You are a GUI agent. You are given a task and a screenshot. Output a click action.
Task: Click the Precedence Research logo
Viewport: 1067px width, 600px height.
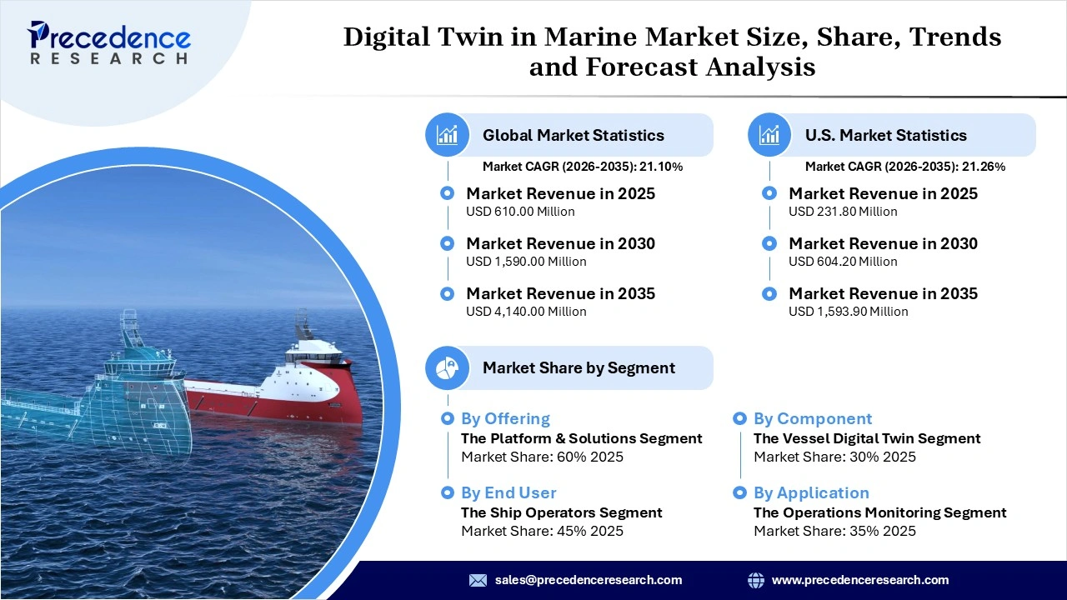tap(109, 42)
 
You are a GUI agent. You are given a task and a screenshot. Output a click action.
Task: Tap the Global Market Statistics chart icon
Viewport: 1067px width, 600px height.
tap(448, 135)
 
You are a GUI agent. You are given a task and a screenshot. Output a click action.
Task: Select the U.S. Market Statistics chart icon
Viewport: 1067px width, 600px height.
tap(769, 135)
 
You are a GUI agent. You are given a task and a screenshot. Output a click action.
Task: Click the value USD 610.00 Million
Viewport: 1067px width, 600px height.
tap(520, 212)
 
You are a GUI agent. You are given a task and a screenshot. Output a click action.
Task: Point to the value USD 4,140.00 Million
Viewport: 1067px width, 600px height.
tap(526, 312)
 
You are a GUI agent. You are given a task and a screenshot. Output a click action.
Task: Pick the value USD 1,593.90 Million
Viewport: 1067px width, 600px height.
tap(848, 312)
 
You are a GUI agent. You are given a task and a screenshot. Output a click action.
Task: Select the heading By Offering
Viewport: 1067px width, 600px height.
tap(505, 418)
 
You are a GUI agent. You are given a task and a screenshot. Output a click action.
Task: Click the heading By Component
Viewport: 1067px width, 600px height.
tap(813, 418)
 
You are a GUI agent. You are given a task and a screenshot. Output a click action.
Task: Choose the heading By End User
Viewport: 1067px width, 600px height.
tap(508, 492)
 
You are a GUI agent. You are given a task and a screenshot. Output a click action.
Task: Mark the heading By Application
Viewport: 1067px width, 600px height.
tap(811, 492)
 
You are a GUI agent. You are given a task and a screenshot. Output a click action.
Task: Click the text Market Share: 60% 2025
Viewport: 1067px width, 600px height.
tap(542, 457)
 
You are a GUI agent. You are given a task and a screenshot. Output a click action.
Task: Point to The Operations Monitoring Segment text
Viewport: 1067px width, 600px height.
tap(879, 512)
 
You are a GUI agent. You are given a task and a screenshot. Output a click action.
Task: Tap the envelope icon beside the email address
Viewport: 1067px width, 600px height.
tap(478, 580)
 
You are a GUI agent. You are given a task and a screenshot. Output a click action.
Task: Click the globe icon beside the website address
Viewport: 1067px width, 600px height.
tap(756, 580)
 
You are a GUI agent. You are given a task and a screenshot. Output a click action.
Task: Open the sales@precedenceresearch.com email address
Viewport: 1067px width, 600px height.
tap(589, 580)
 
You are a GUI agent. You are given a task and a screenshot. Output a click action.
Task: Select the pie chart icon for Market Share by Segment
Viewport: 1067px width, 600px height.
tap(448, 367)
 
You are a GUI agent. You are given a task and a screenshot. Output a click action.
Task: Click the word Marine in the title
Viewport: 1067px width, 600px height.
tap(596, 37)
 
